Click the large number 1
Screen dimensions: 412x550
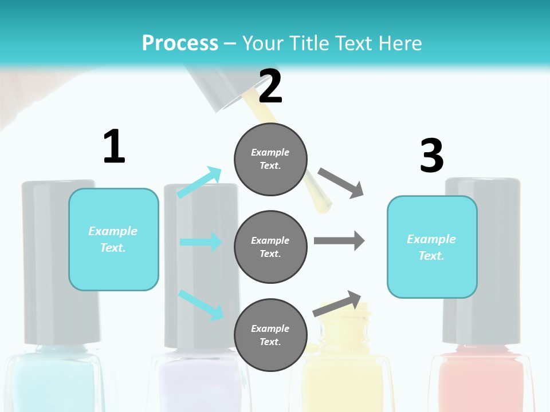click(114, 146)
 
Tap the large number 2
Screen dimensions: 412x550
click(270, 86)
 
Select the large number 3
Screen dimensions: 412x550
click(431, 156)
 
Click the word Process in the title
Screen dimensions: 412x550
click(180, 43)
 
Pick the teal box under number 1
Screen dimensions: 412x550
click(113, 239)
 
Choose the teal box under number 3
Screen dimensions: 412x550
click(432, 247)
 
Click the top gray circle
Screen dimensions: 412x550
click(270, 159)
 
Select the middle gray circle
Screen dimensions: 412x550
click(270, 247)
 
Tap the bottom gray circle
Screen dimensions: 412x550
click(270, 335)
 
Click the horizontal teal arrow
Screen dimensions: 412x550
click(201, 242)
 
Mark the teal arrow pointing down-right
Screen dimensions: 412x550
click(201, 304)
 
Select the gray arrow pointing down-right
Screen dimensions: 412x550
click(341, 183)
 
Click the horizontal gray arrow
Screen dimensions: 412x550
click(339, 241)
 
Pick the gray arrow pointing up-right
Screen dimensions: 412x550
click(337, 304)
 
